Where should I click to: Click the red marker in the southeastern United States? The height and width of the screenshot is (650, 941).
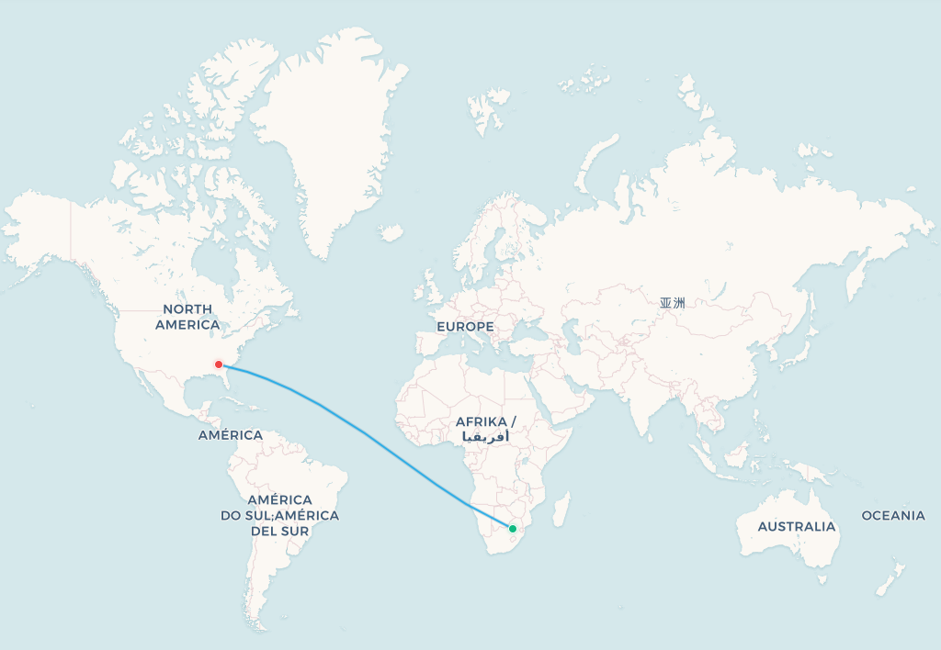tap(219, 364)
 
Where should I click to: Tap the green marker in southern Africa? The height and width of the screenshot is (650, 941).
tap(513, 528)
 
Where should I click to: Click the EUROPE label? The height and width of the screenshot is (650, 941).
tap(465, 327)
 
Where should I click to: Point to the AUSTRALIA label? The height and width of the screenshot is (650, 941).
tap(797, 526)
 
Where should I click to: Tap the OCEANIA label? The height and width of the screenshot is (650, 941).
tap(893, 515)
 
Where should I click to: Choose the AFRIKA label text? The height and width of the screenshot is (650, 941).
tap(486, 421)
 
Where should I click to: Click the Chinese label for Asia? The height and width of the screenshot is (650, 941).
tap(672, 302)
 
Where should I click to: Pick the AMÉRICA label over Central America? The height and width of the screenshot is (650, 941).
tap(231, 435)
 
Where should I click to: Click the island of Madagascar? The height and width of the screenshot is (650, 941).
tap(560, 510)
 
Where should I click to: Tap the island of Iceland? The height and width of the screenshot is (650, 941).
tap(392, 233)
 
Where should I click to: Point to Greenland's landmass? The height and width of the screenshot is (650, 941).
tap(331, 138)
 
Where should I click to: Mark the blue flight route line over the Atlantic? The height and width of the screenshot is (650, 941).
tap(368, 434)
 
